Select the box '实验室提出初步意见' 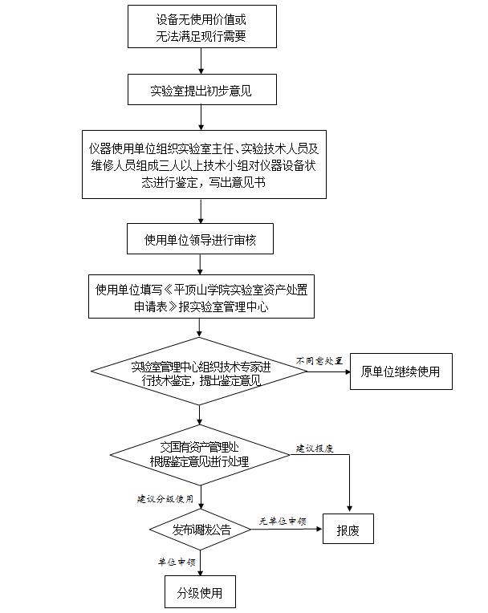pos(201,90)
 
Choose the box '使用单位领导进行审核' pos(201,239)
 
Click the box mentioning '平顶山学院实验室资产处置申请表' pos(201,296)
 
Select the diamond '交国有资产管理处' pos(199,455)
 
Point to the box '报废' pos(348,530)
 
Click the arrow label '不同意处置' pos(319,360)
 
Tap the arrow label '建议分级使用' pos(165,498)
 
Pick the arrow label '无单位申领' pos(283,521)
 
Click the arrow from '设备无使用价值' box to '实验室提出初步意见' pos(201,60)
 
